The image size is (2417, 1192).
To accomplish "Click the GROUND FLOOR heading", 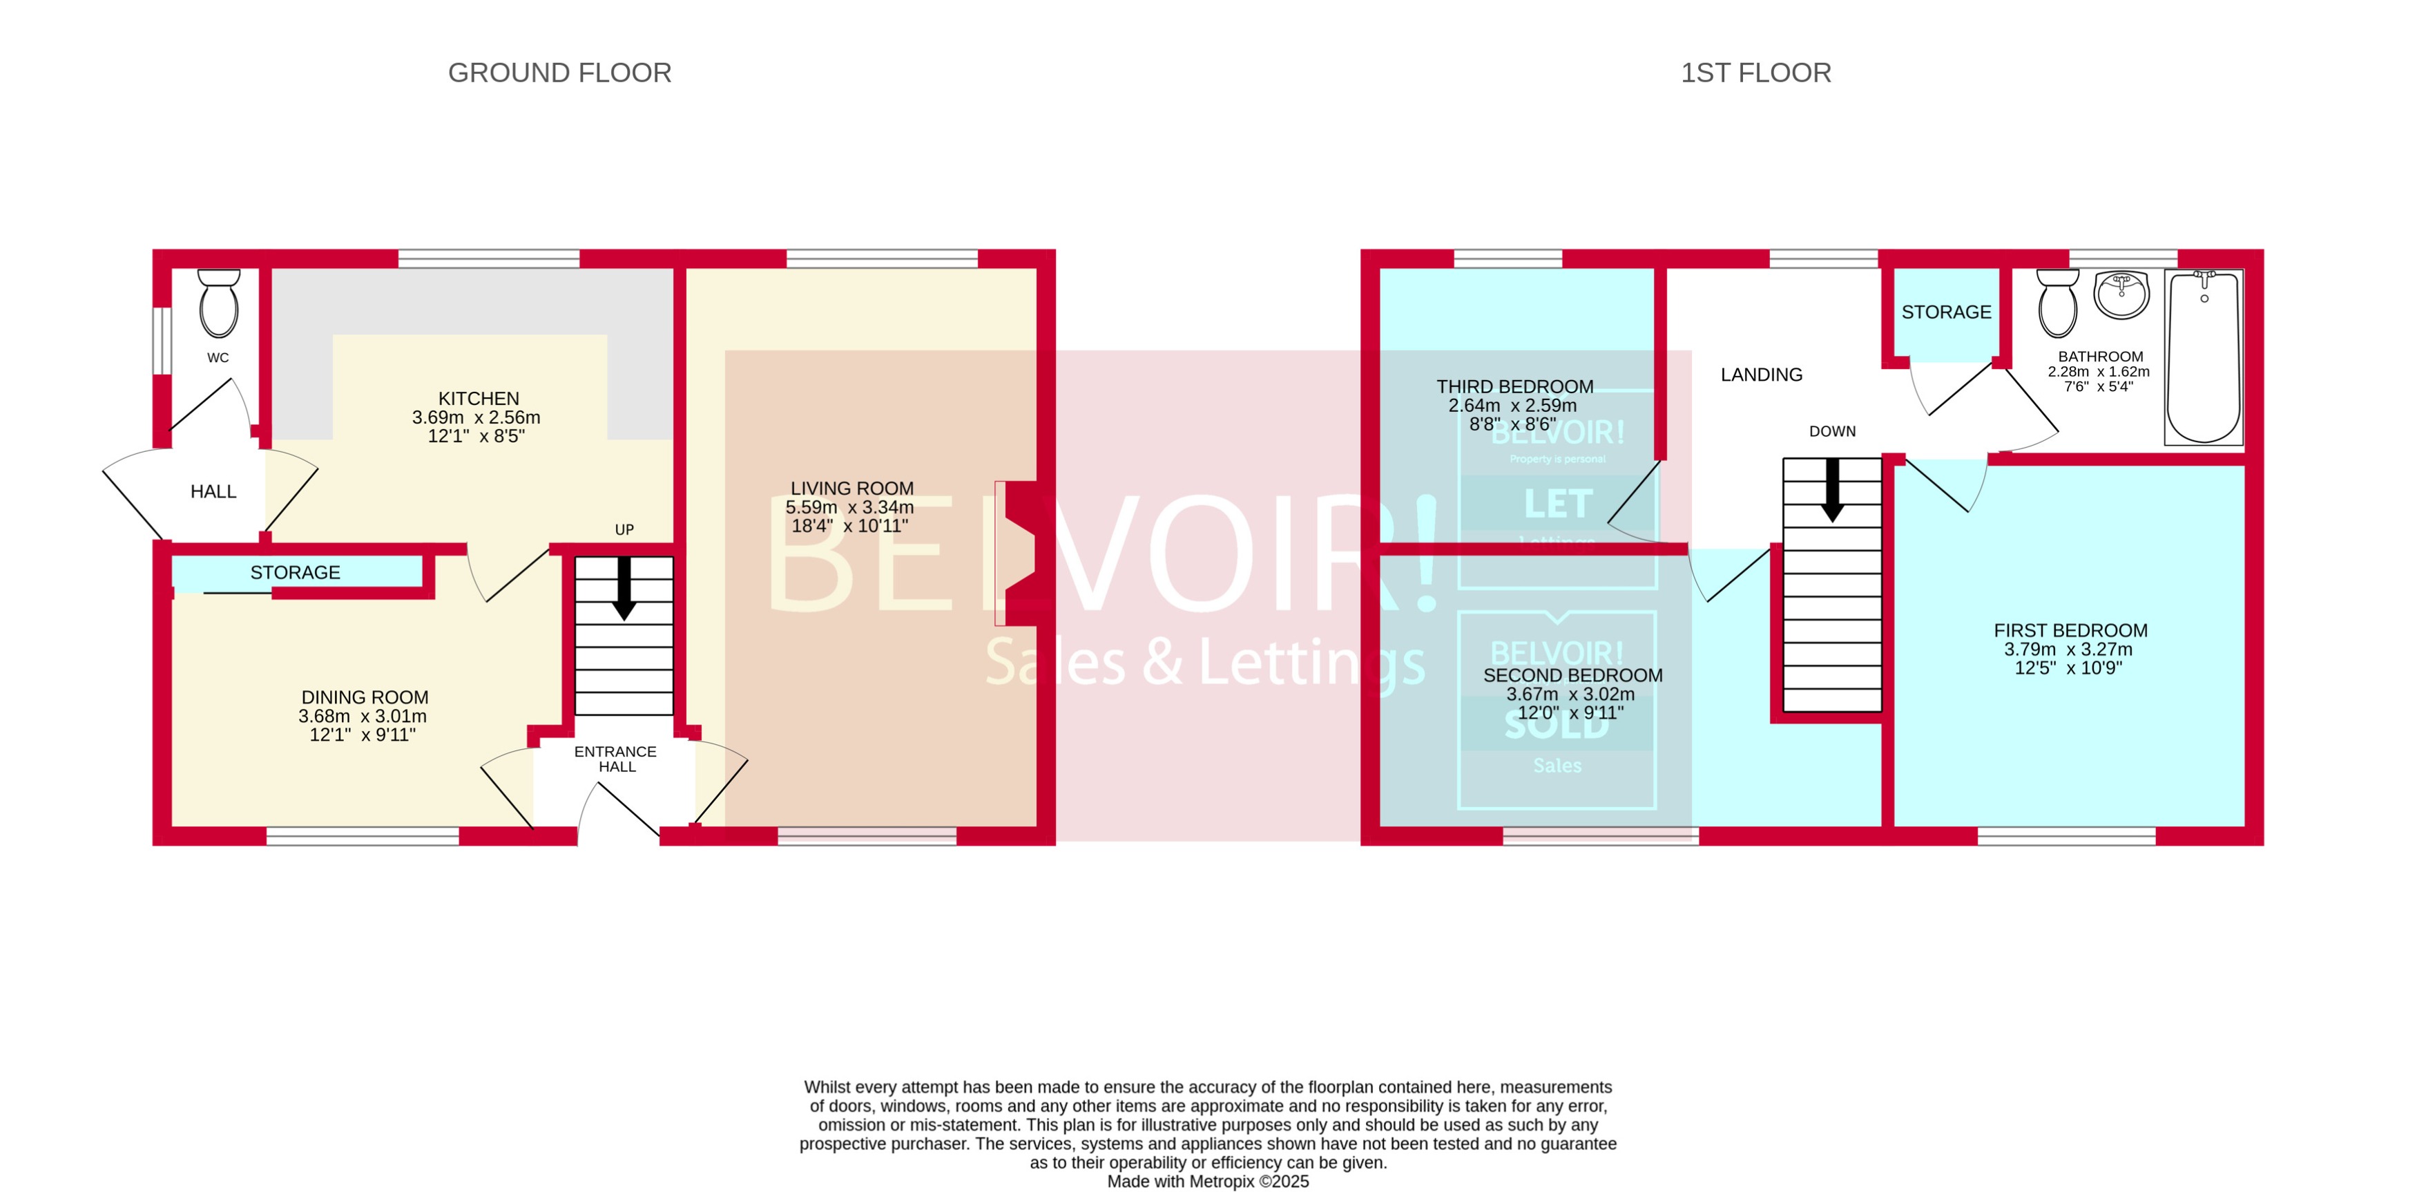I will tap(559, 73).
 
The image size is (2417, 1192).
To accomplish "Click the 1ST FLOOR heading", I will tap(1755, 73).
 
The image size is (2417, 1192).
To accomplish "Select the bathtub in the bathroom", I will tap(2203, 357).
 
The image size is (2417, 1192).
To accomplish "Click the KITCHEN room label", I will tap(478, 399).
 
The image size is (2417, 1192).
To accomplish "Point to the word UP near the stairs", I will tap(624, 529).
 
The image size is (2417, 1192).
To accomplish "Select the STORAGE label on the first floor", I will tap(1945, 312).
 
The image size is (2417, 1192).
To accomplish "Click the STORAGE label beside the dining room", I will tap(295, 573).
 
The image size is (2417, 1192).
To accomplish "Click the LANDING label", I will tap(1760, 375).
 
